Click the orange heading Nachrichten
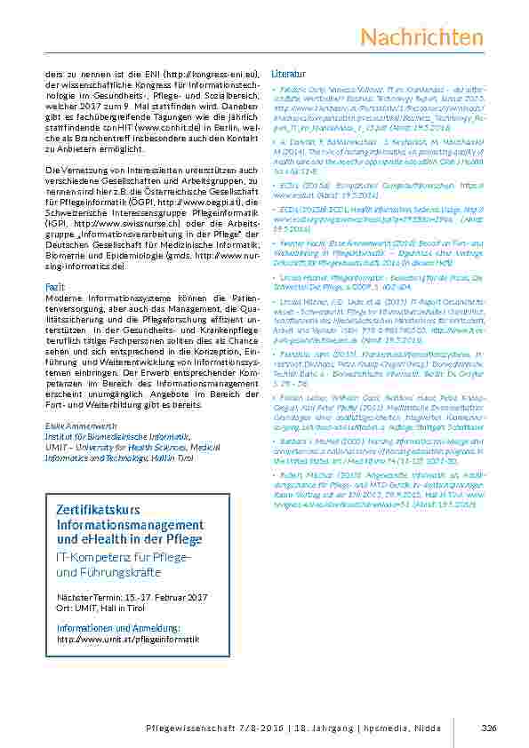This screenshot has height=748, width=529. click(422, 36)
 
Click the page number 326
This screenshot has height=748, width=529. click(487, 728)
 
